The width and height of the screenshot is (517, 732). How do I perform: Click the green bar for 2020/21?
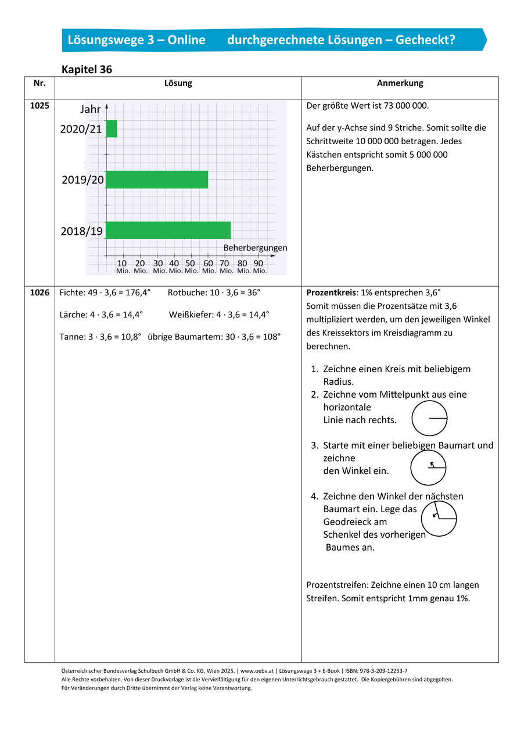[x=112, y=128]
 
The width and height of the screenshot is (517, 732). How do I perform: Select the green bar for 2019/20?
[x=157, y=180]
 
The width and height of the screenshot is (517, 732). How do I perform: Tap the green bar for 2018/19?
[x=168, y=230]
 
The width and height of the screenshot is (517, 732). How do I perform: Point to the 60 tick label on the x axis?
[x=208, y=263]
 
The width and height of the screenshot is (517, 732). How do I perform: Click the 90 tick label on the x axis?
[x=258, y=263]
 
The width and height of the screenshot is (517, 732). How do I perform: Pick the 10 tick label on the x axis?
[x=123, y=263]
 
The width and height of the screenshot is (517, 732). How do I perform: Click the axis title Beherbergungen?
[x=255, y=248]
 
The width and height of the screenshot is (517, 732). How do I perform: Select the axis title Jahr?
[x=91, y=109]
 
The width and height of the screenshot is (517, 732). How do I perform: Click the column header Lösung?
[x=178, y=83]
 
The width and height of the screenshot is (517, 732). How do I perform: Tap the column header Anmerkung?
[x=400, y=83]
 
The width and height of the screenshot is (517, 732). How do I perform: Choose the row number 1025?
[x=40, y=106]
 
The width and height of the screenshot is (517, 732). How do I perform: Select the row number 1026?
[x=40, y=292]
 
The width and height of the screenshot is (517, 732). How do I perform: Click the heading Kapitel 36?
[x=87, y=69]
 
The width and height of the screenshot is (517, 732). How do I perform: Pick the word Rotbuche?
[x=185, y=292]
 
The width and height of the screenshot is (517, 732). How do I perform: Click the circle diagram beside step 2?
[x=430, y=418]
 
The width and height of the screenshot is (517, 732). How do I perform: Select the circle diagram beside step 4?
[x=439, y=519]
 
